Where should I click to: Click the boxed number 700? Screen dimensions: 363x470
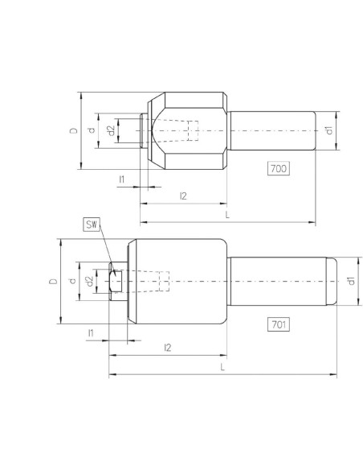tap(279, 168)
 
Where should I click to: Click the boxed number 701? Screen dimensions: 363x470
tap(279, 324)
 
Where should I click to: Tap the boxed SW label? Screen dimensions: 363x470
tap(92, 225)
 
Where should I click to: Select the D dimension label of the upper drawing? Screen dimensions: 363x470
tap(74, 130)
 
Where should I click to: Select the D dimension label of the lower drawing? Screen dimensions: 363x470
tap(53, 281)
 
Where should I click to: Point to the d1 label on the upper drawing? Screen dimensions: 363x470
tap(329, 130)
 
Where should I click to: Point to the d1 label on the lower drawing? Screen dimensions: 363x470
tap(351, 281)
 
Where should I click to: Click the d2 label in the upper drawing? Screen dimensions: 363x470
tap(111, 130)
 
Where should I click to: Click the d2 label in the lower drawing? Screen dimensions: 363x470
tap(90, 281)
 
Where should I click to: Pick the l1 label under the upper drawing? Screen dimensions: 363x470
tap(122, 179)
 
